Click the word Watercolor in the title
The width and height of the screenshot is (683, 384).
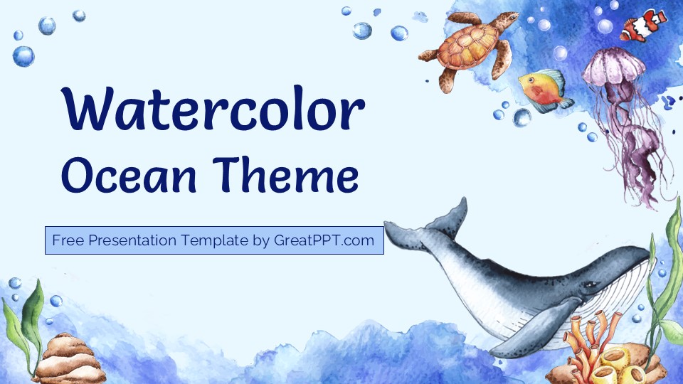pos(213,111)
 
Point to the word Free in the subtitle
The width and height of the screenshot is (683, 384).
pos(66,240)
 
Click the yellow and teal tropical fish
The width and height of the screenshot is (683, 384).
pos(543,89)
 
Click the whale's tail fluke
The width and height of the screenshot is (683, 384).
pos(427,224)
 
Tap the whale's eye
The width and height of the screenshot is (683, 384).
pos(588,284)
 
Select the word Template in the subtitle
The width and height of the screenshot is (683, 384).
pos(213,240)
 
